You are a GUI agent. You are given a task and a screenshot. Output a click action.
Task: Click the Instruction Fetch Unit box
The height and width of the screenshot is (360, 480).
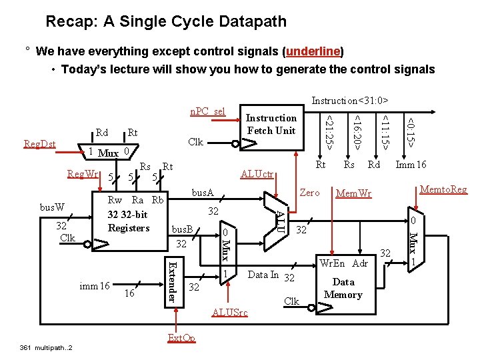[271, 124]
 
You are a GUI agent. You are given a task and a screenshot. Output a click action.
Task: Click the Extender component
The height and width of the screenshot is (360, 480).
[171, 281]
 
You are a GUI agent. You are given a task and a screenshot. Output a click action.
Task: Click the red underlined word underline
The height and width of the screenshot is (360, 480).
[313, 51]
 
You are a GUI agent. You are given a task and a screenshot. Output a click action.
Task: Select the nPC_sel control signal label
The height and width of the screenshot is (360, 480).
[208, 111]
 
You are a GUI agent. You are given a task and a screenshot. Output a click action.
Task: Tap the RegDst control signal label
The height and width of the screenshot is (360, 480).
[40, 143]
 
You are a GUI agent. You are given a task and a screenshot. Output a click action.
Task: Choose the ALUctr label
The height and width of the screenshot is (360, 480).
[256, 175]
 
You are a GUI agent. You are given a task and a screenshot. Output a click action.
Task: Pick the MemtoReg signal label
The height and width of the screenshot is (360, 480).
[443, 190]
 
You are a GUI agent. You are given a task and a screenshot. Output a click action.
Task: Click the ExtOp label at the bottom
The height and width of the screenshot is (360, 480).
[181, 338]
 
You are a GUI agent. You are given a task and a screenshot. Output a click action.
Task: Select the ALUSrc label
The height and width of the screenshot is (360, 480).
[229, 312]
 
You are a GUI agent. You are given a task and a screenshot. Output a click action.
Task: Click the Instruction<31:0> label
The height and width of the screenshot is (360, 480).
[349, 101]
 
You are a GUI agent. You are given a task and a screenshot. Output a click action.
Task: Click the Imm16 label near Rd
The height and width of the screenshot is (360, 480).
[411, 165]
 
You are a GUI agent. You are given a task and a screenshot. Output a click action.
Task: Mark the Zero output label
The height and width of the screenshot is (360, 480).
[309, 192]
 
